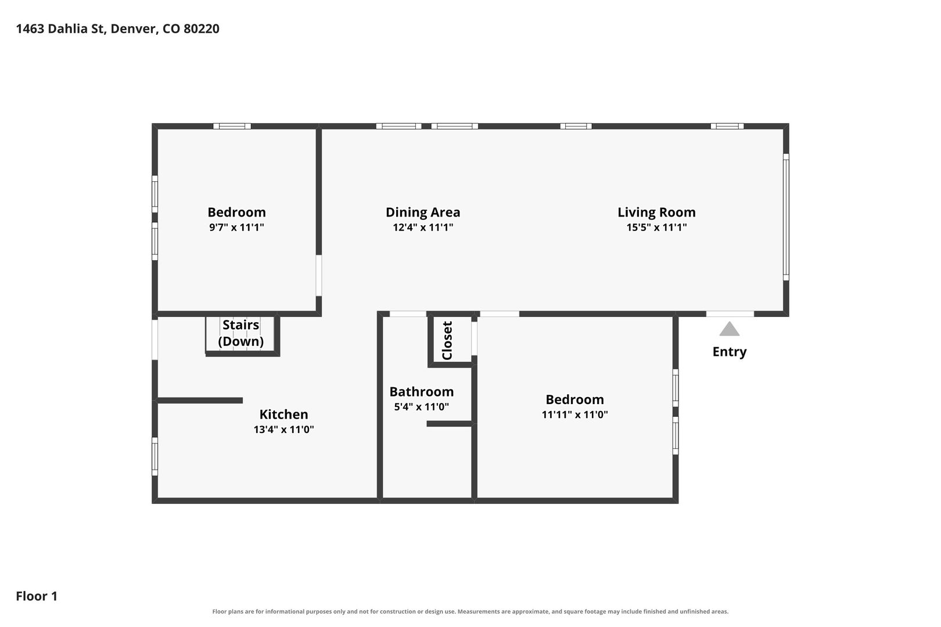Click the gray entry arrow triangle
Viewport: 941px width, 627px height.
tap(730, 329)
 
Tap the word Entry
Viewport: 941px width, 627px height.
tap(730, 352)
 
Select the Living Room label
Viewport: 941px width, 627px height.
tap(656, 212)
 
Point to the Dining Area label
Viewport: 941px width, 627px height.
tap(423, 212)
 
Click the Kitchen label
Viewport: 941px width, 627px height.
tap(283, 415)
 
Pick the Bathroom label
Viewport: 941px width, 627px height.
tap(421, 392)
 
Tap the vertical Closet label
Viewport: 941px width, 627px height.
tap(447, 341)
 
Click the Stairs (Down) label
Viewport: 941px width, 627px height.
tap(240, 333)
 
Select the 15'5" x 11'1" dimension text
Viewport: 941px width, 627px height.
tap(656, 228)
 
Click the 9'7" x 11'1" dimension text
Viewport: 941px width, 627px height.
tap(236, 228)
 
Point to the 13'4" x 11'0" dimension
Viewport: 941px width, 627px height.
tap(283, 430)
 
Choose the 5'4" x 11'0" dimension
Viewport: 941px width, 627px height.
tap(421, 407)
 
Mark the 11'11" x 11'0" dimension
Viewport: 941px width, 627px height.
tap(574, 415)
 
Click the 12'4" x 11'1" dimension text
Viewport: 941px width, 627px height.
tap(423, 228)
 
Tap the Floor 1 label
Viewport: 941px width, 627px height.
tap(37, 596)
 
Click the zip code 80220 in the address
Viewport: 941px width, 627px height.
tap(201, 28)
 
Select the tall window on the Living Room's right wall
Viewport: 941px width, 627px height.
tap(786, 217)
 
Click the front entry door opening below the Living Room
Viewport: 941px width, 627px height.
tap(730, 314)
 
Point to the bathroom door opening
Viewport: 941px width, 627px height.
tap(408, 314)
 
